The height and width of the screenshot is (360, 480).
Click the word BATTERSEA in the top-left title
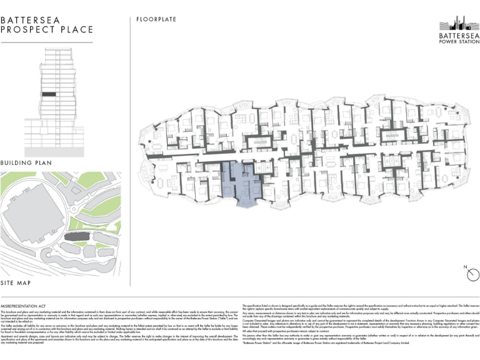click(x=31, y=19)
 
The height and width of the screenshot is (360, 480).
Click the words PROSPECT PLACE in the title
click(x=47, y=29)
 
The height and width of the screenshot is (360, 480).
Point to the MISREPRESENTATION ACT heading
click(x=26, y=299)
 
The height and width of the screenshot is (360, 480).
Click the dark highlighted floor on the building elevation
click(x=48, y=94)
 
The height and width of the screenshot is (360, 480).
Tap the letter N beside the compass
click(x=466, y=267)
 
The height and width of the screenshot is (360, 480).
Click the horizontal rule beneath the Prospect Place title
click(x=47, y=42)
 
